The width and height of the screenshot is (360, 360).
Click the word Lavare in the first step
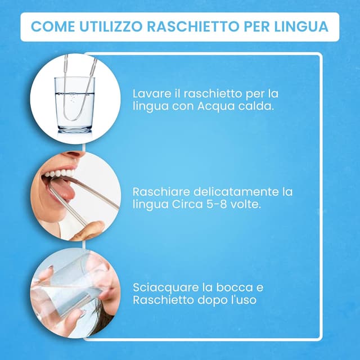(x=149, y=93)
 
